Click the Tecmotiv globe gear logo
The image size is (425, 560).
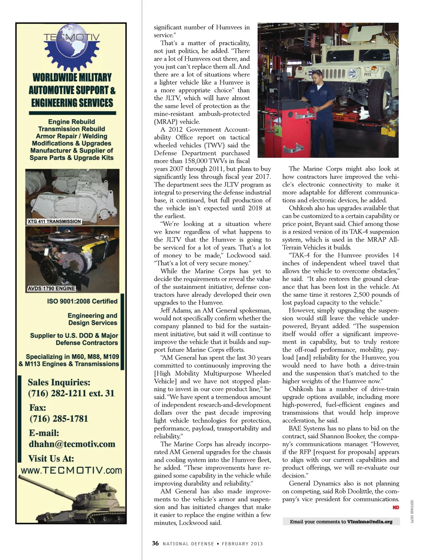[x=72, y=48]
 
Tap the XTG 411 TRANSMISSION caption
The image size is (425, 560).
[x=54, y=222]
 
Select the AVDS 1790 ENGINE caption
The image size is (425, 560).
[x=51, y=288]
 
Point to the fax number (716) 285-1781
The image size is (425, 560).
[x=58, y=419]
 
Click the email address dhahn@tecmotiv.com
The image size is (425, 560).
[x=72, y=444]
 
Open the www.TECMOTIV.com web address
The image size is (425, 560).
[x=71, y=470]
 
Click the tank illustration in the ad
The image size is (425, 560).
[x=71, y=499]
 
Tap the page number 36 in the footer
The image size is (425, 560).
[x=155, y=543]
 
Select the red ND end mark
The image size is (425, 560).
[x=396, y=508]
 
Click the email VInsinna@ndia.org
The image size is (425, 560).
[x=370, y=522]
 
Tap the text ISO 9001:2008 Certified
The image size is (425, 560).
[x=82, y=301]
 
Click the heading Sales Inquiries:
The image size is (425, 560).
[x=59, y=382]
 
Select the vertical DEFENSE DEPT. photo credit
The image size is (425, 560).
[x=412, y=512]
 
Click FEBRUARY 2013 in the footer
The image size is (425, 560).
[x=242, y=544]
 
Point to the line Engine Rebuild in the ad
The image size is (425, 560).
[x=72, y=122]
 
